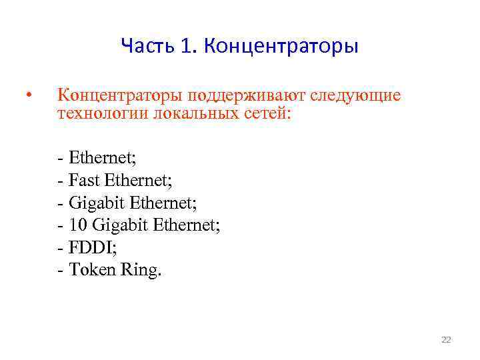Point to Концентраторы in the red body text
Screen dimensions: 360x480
coord(121,95)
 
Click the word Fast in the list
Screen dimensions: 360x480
coord(83,180)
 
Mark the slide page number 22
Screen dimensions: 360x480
coord(446,340)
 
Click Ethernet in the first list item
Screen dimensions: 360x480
coord(102,157)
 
